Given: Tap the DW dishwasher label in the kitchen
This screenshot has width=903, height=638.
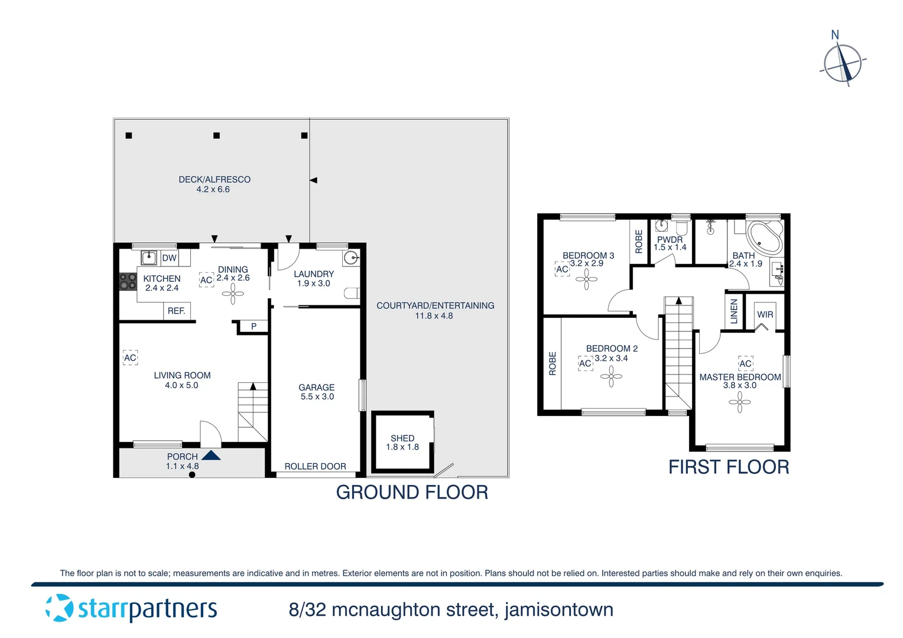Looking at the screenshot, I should coord(170,258).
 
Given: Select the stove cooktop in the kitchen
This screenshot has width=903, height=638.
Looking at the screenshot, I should coord(128,281).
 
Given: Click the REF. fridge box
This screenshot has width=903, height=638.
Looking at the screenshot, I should coord(177,311).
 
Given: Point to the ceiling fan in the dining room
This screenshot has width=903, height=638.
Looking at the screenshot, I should coord(233,294).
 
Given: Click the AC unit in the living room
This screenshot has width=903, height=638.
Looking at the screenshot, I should coord(130,357).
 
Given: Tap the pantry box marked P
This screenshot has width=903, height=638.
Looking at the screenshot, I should coord(254,326).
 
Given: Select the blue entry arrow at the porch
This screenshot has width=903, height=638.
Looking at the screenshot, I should coord(211,455).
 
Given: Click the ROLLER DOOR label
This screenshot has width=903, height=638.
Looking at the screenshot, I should coord(315,466).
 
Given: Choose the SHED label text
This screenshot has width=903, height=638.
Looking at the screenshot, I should coord(402,438).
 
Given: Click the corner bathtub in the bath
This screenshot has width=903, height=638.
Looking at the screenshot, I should coord(764,237).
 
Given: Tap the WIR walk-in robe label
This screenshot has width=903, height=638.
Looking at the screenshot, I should coord(765,314).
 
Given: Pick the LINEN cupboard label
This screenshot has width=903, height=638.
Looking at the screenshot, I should coord(734,311).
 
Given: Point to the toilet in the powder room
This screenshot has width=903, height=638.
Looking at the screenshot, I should coord(681,227).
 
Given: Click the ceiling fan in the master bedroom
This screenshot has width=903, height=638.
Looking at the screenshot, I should coord(739,403).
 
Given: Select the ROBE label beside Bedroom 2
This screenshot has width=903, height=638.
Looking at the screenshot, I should coord(553,363).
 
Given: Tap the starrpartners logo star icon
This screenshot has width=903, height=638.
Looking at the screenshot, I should coord(60,608).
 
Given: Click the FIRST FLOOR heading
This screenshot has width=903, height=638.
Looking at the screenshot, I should coord(728,467).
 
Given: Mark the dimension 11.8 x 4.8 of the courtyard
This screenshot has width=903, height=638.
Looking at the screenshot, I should coord(434,315).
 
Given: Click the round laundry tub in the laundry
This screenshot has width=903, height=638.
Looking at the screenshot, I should coord(352,258).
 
